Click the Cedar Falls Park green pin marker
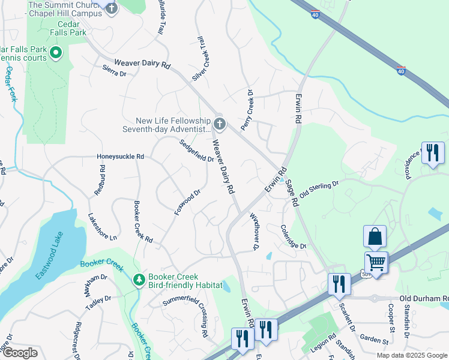(56, 53)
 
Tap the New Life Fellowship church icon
(220, 124)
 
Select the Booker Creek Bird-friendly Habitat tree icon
(139, 280)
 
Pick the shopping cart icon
(376, 262)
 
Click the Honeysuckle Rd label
(120, 157)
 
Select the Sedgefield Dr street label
(197, 151)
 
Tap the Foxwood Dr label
(187, 203)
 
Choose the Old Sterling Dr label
(319, 190)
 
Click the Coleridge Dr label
(294, 236)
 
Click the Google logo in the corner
(20, 353)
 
